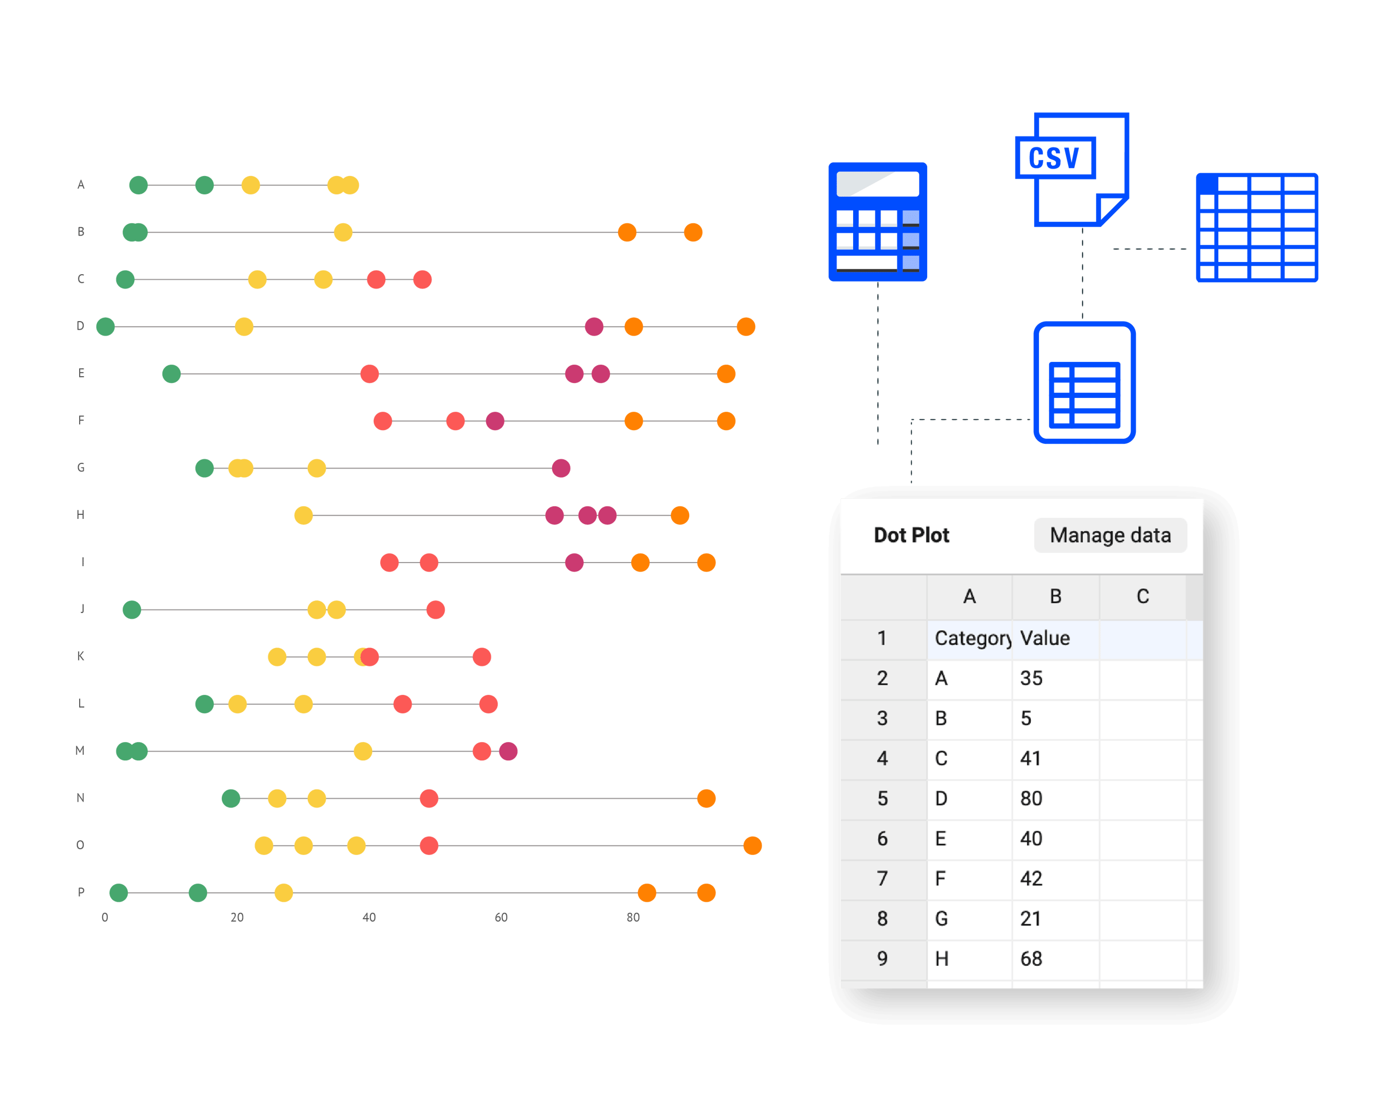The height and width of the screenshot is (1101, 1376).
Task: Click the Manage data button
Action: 1110,535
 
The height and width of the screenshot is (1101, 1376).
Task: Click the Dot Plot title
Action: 912,535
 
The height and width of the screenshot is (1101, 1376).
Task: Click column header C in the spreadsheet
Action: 1143,597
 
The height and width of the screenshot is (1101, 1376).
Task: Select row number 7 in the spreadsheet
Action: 883,879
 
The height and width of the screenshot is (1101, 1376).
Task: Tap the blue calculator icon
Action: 878,221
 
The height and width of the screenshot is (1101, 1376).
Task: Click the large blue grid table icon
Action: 1257,227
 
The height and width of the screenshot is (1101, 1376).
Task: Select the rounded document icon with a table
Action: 1084,382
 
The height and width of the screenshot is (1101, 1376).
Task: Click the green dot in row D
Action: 105,327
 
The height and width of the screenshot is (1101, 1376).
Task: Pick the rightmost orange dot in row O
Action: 752,846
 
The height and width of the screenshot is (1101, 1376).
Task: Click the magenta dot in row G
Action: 560,468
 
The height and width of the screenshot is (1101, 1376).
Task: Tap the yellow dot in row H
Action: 303,516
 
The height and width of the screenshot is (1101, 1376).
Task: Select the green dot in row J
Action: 131,610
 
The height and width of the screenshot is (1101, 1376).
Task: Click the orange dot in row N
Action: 706,798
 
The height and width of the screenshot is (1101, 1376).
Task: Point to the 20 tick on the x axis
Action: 237,917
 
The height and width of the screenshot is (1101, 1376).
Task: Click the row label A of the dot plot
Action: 81,185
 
